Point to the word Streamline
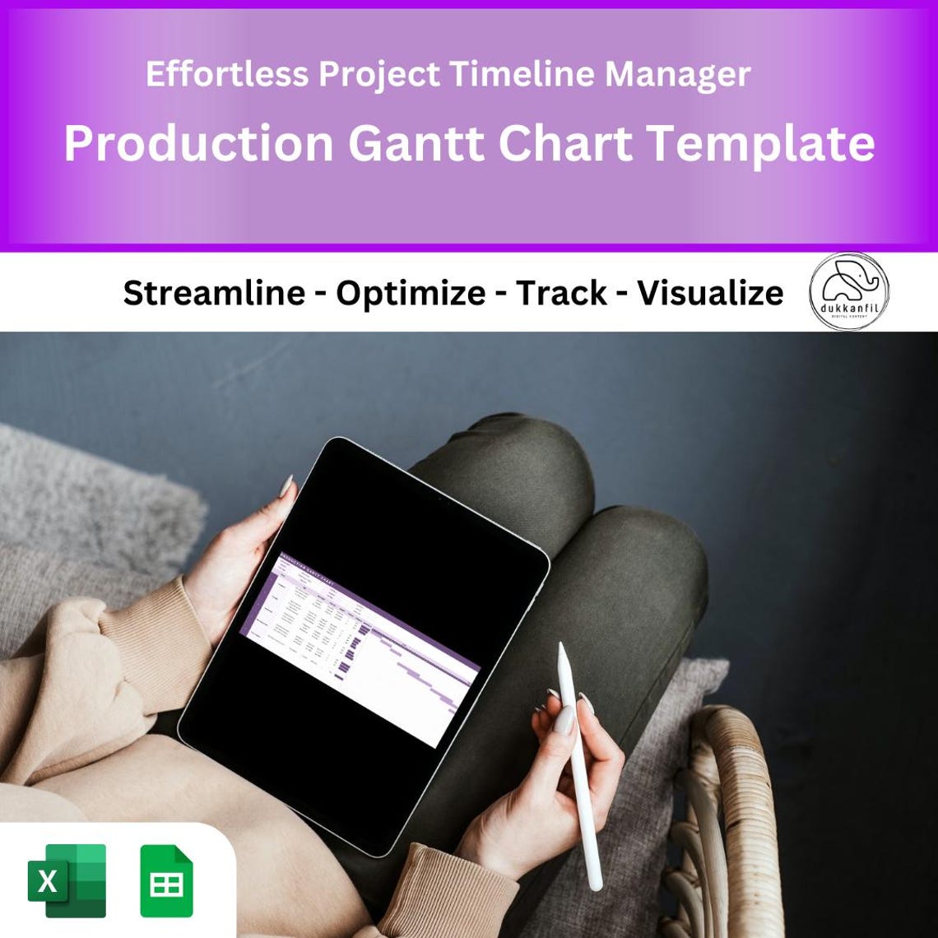pos(214,293)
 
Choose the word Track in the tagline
pos(561,293)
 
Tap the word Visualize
pos(710,293)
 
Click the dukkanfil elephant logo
pos(848,291)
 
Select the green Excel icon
pos(67,880)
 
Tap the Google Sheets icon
pos(166,880)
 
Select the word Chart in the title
pos(565,143)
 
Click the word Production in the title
pos(198,143)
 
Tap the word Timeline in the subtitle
pos(522,75)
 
